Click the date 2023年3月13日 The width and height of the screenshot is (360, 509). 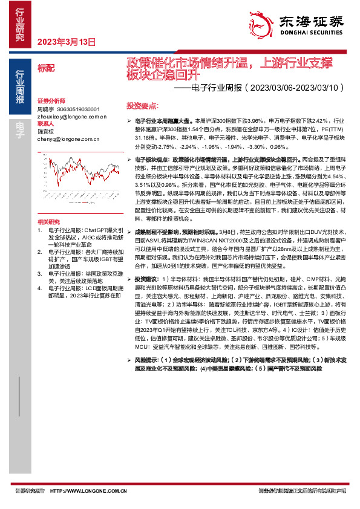coord(67,42)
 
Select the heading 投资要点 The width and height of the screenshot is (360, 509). coord(142,105)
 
